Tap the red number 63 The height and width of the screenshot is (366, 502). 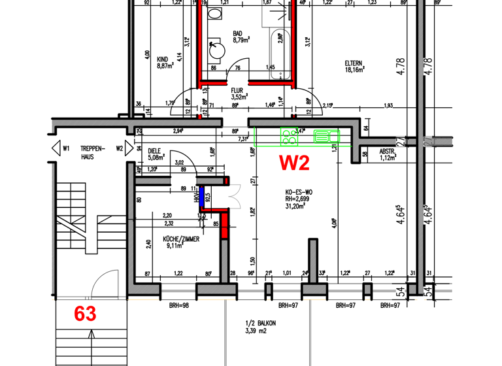pyautogui.click(x=85, y=314)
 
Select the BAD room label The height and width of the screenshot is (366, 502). pyautogui.click(x=238, y=33)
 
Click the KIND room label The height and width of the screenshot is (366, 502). pyautogui.click(x=163, y=59)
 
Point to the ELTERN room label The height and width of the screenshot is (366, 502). pyautogui.click(x=354, y=63)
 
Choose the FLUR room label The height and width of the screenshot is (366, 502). pyautogui.click(x=237, y=91)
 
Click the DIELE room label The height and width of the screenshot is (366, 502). pyautogui.click(x=155, y=150)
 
